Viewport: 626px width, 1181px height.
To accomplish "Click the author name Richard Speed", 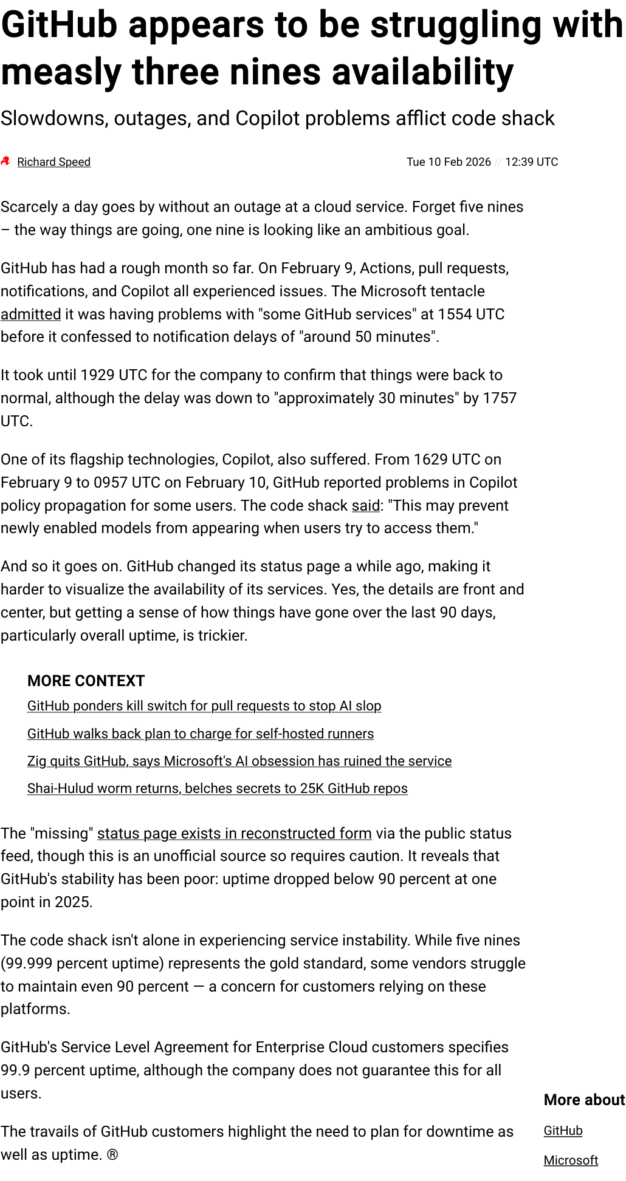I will [x=53, y=162].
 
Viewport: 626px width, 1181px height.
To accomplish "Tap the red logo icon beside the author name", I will [x=6, y=162].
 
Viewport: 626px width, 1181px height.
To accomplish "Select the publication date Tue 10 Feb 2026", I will [x=449, y=162].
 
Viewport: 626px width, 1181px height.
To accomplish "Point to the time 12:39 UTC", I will [x=531, y=162].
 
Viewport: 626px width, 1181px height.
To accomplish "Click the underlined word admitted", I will [x=30, y=315].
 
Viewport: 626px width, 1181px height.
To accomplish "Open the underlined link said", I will [x=366, y=506].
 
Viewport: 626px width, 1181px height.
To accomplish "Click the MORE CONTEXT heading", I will [x=86, y=681].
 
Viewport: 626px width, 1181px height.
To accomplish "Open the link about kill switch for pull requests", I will [x=204, y=706].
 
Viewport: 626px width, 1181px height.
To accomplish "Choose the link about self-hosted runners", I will [x=201, y=734].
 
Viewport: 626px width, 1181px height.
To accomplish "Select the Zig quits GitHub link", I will [x=239, y=761].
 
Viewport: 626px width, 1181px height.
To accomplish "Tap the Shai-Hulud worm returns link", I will [x=218, y=789].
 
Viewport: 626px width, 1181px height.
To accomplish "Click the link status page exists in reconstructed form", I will [x=235, y=834].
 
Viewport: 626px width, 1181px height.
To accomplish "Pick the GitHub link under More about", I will [x=563, y=1131].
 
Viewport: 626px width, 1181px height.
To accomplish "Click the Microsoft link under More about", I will [x=571, y=1160].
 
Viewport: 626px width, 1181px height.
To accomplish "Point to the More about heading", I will [x=584, y=1100].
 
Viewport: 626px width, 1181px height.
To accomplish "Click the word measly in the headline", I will [x=61, y=73].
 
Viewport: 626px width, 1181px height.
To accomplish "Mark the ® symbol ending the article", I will [x=112, y=1155].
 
